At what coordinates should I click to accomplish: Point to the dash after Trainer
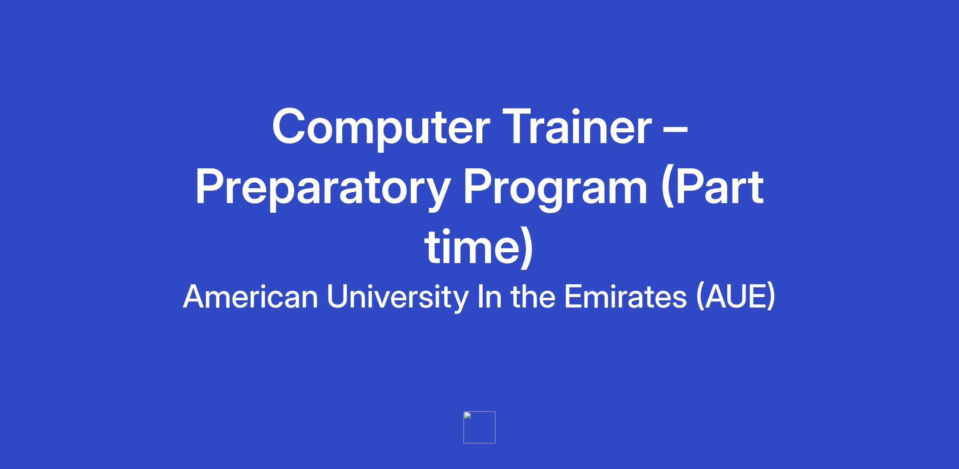coord(676,130)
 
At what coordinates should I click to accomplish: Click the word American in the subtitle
coord(251,297)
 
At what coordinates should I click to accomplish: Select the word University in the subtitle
coord(397,297)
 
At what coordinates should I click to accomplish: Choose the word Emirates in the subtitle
coord(625,297)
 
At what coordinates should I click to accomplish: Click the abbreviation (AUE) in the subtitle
coord(736,297)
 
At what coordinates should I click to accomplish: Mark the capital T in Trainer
coord(518,126)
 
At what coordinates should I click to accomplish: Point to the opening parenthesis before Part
coord(667,190)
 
